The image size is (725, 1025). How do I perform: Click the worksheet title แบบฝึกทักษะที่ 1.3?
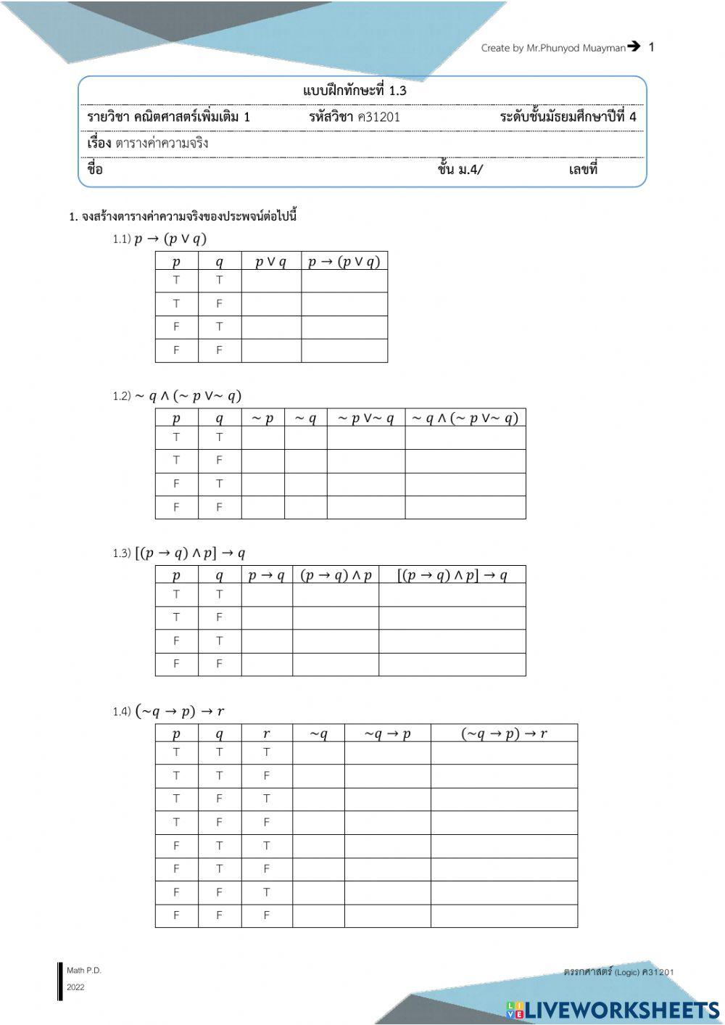355,91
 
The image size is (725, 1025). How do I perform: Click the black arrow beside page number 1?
634,46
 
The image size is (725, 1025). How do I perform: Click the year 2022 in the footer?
75,987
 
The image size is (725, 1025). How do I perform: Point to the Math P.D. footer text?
84,970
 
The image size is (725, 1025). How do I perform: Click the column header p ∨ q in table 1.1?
270,262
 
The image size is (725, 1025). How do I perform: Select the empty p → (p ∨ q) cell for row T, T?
344,281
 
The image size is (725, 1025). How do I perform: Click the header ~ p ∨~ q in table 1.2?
365,419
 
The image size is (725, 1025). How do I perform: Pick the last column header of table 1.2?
465,419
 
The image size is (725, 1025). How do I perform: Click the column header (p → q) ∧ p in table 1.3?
336,575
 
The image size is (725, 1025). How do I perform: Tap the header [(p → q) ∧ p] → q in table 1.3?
452,575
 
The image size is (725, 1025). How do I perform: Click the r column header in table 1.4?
266,733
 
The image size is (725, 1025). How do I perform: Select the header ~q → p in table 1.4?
387,733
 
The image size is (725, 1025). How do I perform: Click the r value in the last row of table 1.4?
266,915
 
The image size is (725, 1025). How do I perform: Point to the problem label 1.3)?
122,553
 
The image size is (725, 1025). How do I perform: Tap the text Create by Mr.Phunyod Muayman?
552,48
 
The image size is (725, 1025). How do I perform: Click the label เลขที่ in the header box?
583,170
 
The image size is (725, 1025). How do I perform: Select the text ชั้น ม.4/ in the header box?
460,170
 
